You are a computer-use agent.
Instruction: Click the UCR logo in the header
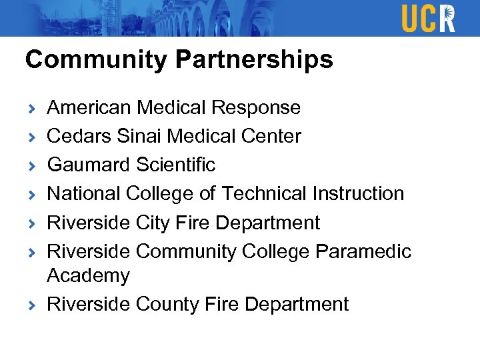pyautogui.click(x=428, y=18)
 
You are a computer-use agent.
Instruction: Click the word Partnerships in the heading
pyautogui.click(x=254, y=60)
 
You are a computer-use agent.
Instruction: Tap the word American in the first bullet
pyautogui.click(x=89, y=107)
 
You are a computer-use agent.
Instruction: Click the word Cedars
pyautogui.click(x=77, y=137)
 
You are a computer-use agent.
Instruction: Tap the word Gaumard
pyautogui.click(x=89, y=165)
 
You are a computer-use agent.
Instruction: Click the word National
pyautogui.click(x=83, y=193)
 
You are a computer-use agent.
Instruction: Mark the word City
pyautogui.click(x=154, y=223)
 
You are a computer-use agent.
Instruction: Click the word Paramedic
pyautogui.click(x=363, y=251)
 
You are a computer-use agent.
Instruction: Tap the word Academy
pyautogui.click(x=88, y=276)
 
